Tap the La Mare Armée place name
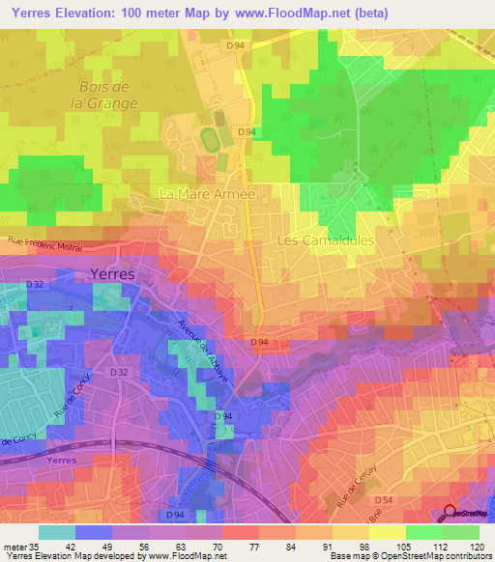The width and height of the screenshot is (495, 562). (x=206, y=195)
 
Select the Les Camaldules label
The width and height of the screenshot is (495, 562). (x=324, y=240)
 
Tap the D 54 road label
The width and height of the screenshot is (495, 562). (x=383, y=498)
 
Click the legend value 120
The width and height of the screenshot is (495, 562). (x=474, y=545)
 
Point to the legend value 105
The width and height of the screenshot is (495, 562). (x=400, y=545)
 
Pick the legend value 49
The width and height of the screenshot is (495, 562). (x=106, y=545)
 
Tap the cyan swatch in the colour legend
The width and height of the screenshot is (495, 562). (x=57, y=531)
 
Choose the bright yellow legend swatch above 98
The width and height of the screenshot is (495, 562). (x=387, y=531)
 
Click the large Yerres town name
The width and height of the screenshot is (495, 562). (x=113, y=273)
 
